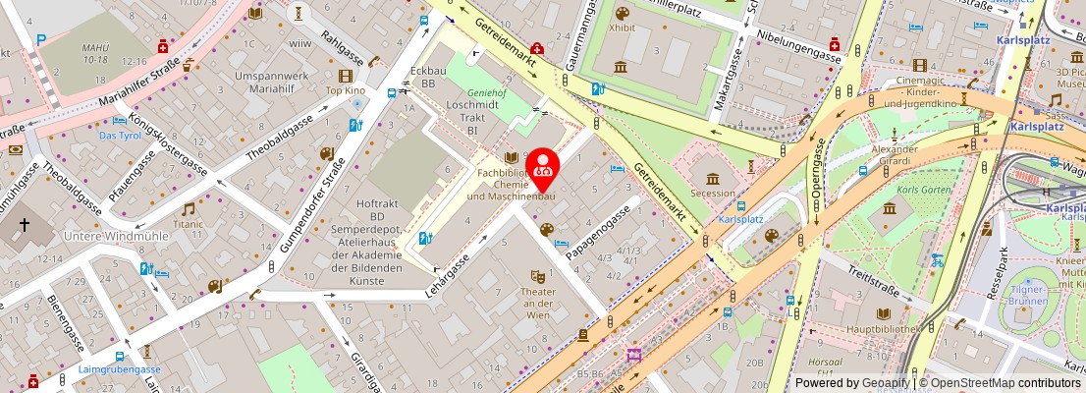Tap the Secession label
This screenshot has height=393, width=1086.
[x=713, y=194]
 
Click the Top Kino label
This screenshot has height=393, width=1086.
[x=346, y=90]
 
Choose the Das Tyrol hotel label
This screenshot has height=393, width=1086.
[x=121, y=135]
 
